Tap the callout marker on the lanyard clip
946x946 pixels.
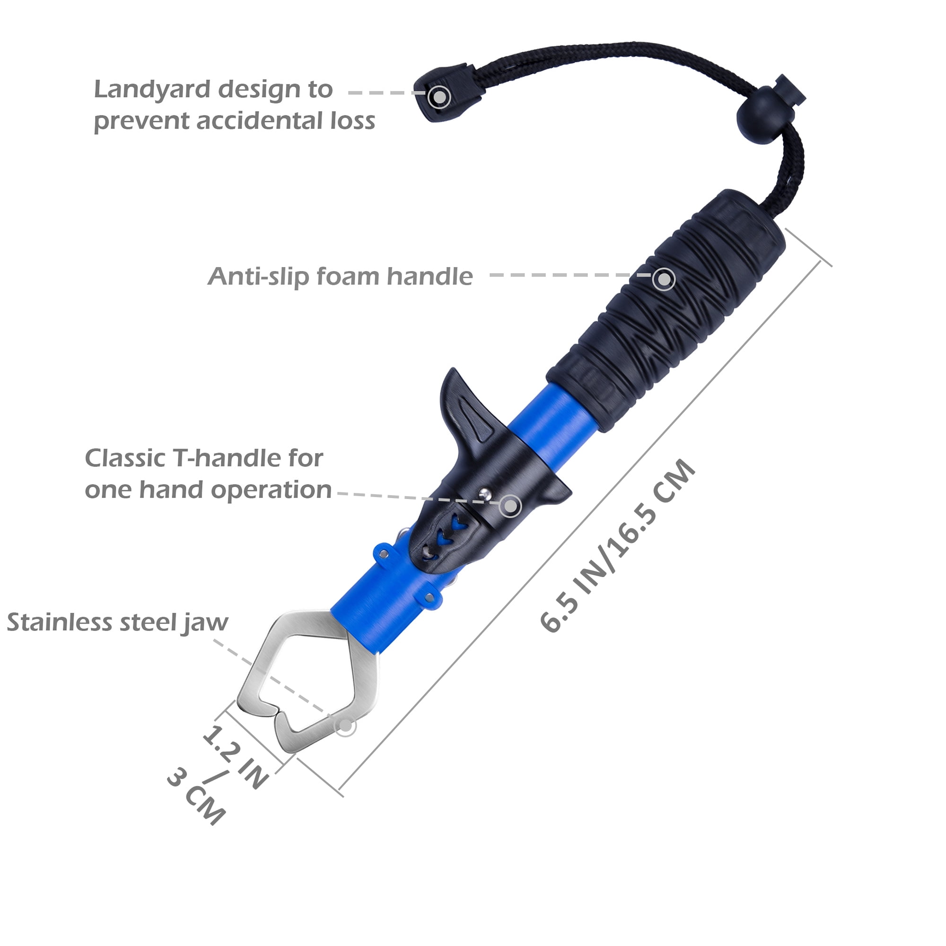tap(439, 97)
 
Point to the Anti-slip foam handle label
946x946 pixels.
tap(340, 277)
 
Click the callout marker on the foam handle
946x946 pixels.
tap(664, 279)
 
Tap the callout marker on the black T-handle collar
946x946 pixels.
tap(510, 505)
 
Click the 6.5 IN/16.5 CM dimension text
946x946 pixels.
tap(618, 545)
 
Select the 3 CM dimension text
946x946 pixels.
tap(196, 796)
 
